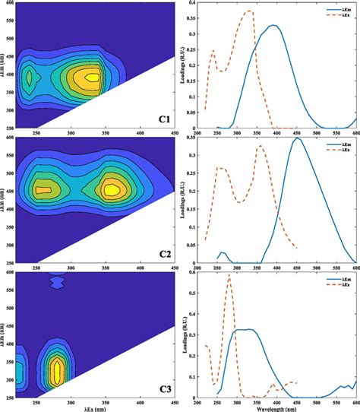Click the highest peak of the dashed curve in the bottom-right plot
(229, 276)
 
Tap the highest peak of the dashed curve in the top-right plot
(250, 11)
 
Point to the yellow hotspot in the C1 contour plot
(91, 77)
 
